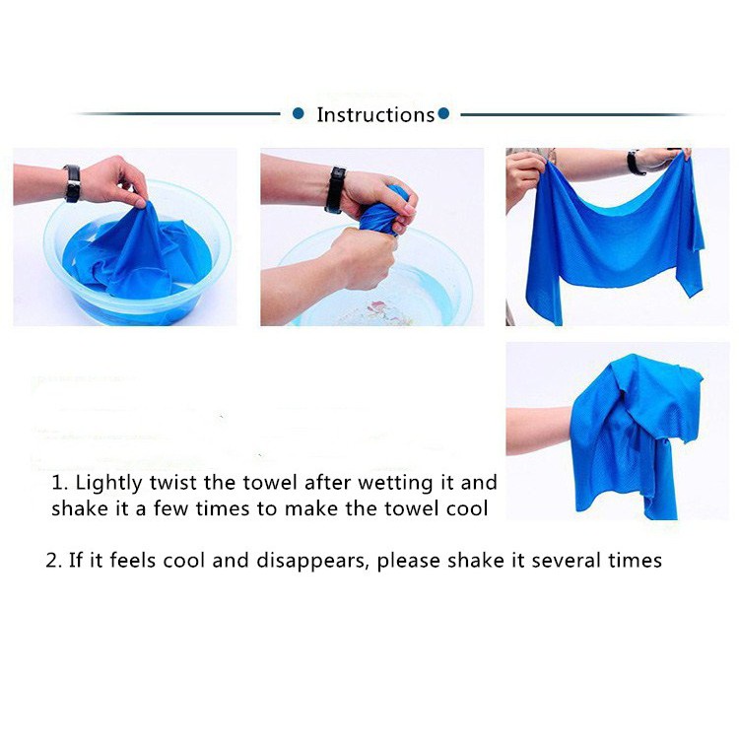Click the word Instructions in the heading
pos(375,114)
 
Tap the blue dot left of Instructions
pos(298,113)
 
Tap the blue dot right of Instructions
pos(443,113)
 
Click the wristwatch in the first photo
pos(72,183)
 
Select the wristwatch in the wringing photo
pos(335,190)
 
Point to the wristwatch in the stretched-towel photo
pos(635,163)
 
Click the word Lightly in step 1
pos(108,484)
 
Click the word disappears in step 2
pos(311,561)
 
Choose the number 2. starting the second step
pos(54,561)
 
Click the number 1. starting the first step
pos(60,483)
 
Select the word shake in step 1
pos(80,508)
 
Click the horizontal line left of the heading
pos(179,113)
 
